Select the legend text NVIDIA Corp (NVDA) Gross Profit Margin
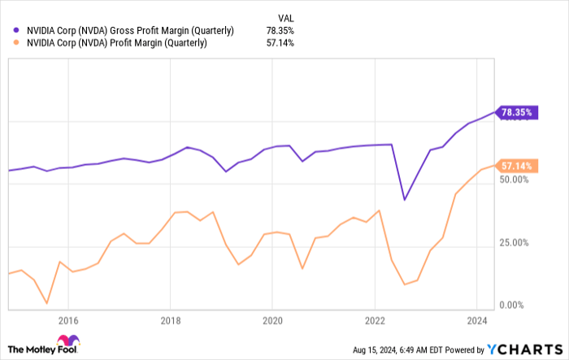click(130, 31)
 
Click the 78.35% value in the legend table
click(280, 31)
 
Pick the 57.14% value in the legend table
click(280, 43)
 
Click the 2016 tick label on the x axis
click(67, 320)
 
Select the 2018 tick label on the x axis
click(170, 320)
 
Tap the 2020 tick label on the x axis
click(272, 320)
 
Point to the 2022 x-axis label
click(375, 320)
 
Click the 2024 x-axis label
click(477, 320)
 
